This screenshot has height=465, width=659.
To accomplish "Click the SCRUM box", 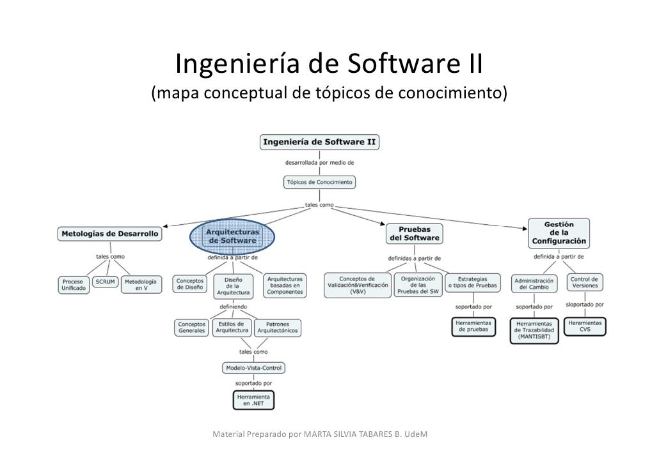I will tap(105, 282).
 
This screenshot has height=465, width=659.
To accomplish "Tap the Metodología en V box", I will tap(140, 285).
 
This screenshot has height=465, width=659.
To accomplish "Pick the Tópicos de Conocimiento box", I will tap(319, 183).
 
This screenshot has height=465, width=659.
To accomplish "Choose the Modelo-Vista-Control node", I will tap(253, 368).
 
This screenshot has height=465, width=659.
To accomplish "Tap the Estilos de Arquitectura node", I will tap(231, 328).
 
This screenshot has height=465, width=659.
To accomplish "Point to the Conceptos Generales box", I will tap(191, 328).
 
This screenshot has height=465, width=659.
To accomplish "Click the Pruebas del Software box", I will tap(413, 233).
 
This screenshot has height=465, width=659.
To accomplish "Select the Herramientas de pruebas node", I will tap(473, 326).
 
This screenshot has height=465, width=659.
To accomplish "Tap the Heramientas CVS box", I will tap(585, 326).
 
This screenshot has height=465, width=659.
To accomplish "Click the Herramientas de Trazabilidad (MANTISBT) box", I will tap(534, 331).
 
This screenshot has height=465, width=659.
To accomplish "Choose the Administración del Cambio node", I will tap(534, 283).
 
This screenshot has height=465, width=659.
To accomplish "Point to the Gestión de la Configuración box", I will tap(558, 234).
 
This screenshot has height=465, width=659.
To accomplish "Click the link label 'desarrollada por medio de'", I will tap(319, 162).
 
